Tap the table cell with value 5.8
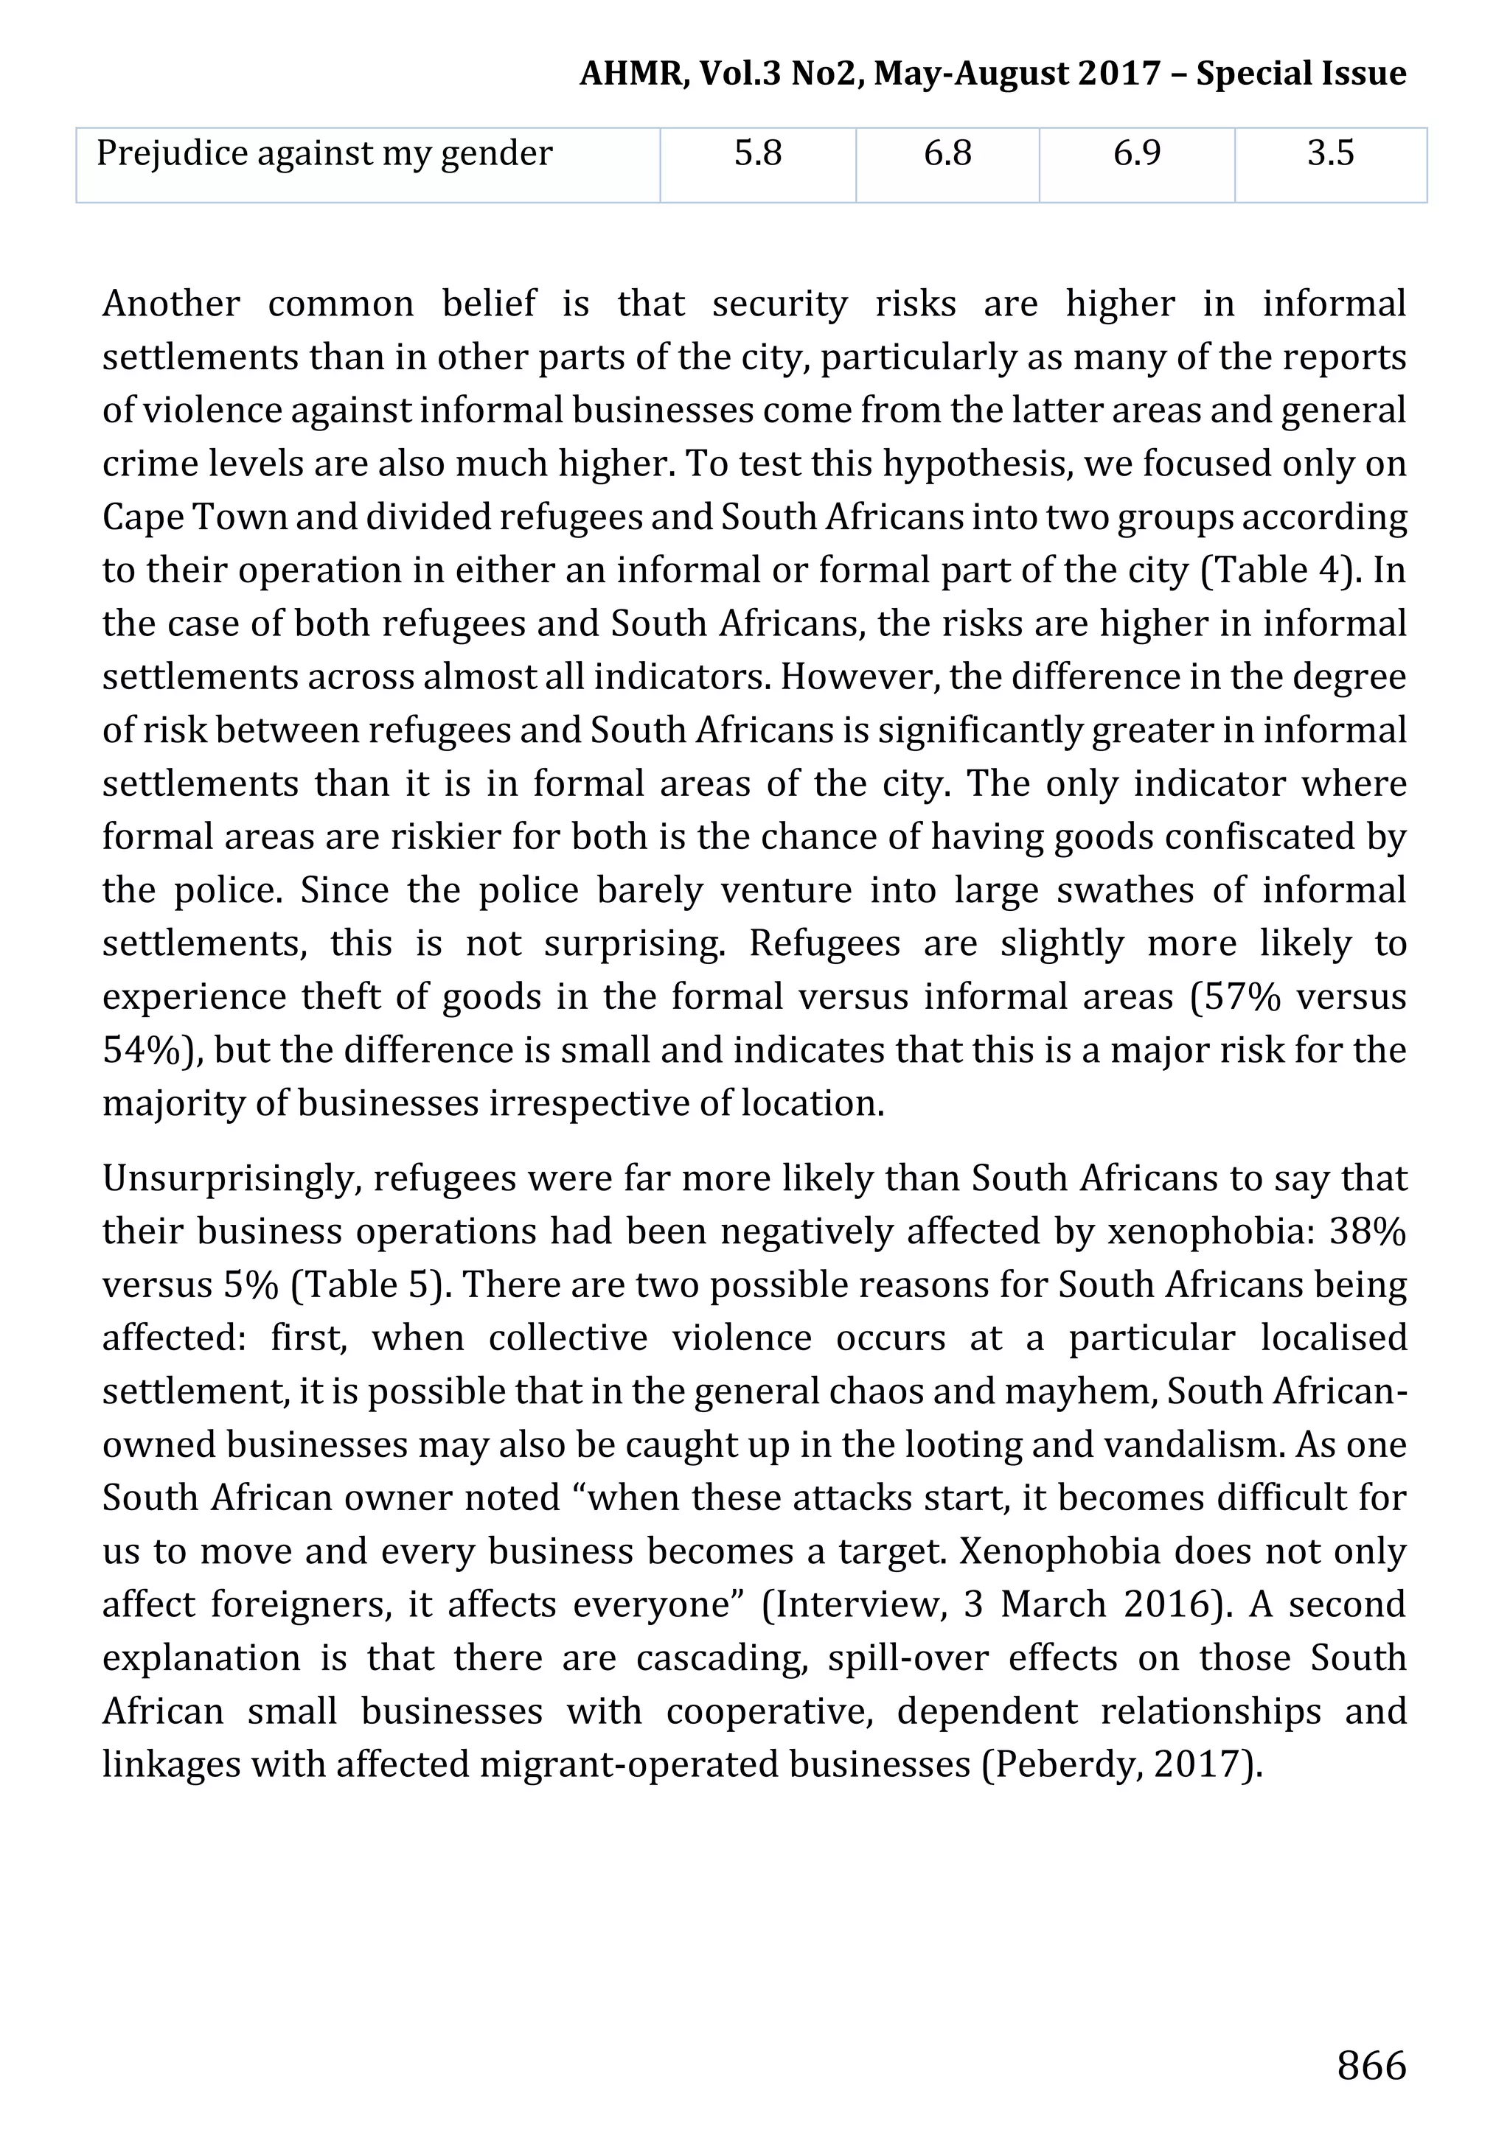(x=757, y=153)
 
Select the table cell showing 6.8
(x=947, y=153)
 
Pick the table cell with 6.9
(x=1136, y=153)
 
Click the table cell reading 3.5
(x=1329, y=153)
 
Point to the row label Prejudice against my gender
(x=324, y=153)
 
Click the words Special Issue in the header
(x=1301, y=74)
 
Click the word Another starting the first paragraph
(x=171, y=304)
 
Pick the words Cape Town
(x=195, y=517)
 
